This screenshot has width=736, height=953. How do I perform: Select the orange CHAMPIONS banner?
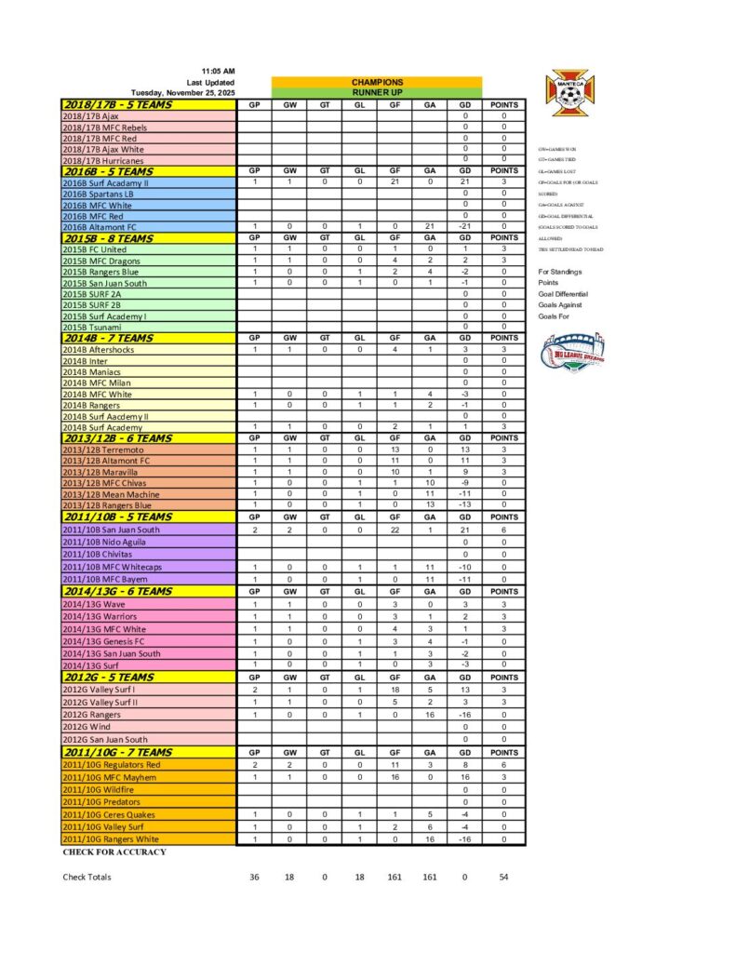point(377,82)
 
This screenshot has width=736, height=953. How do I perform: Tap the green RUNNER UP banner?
point(377,93)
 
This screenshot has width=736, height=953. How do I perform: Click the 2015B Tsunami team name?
point(88,327)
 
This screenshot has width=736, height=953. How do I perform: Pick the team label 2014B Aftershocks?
point(98,349)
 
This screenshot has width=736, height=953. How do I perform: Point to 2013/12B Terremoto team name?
point(102,450)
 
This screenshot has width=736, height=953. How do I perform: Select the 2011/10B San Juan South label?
point(111,530)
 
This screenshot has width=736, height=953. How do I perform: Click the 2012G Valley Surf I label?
point(98,690)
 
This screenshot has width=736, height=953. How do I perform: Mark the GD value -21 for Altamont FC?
point(464,226)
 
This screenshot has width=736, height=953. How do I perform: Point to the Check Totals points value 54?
point(503,877)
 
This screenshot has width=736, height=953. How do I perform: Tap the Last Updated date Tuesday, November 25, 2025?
point(183,93)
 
